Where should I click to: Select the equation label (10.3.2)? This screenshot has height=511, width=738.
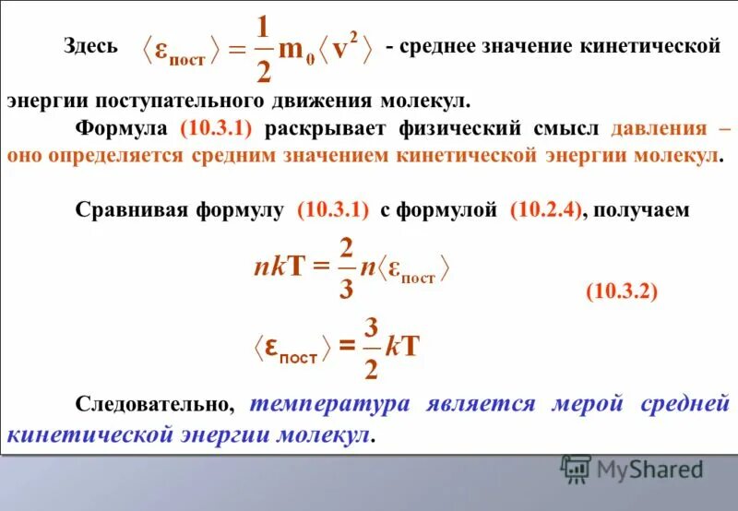[x=621, y=291]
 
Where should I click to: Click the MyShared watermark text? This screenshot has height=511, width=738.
[x=649, y=469]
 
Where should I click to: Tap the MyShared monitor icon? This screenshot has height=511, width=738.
[x=575, y=469]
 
